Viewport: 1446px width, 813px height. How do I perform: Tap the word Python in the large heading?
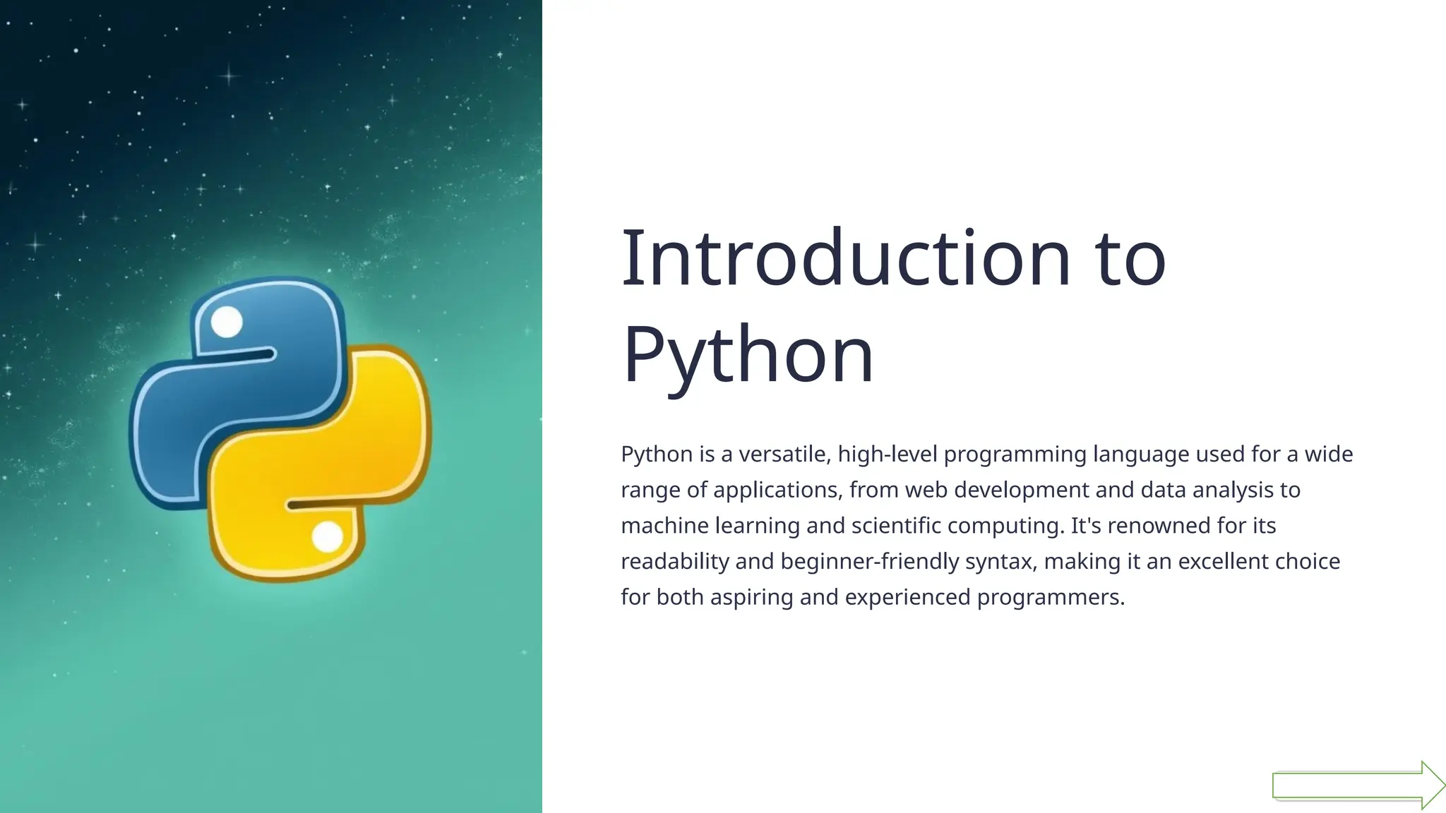(x=748, y=355)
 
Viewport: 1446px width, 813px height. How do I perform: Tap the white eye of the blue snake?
(x=227, y=323)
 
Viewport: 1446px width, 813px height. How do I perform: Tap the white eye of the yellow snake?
(x=327, y=537)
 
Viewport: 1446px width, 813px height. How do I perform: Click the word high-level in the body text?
(x=888, y=454)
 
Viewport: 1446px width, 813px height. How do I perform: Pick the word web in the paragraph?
(x=926, y=490)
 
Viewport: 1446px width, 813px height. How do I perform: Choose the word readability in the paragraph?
(x=674, y=562)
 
